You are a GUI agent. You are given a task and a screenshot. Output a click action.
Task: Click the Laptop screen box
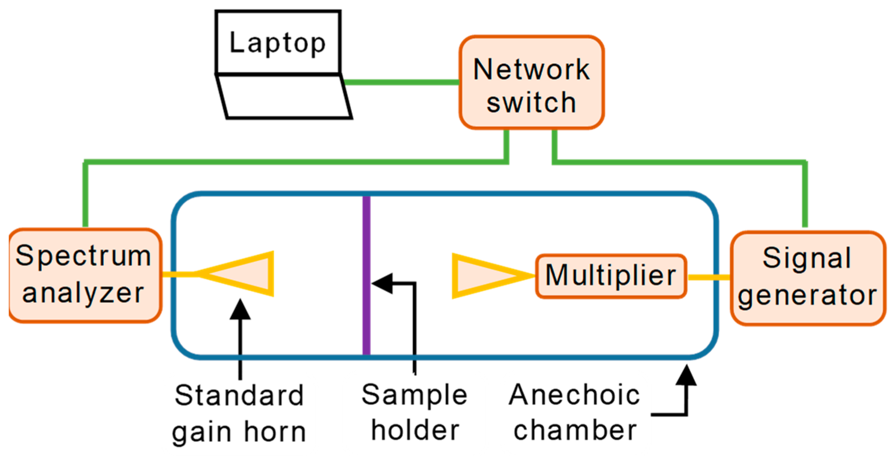point(278,42)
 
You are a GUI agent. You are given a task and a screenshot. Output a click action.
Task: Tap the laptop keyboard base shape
point(284,96)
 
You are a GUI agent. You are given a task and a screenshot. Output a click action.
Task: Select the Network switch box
point(532,82)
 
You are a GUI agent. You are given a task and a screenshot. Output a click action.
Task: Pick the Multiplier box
point(611,276)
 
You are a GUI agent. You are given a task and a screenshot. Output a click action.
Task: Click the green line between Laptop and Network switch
point(400,82)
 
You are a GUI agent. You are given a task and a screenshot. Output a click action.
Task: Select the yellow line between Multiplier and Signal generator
point(708,277)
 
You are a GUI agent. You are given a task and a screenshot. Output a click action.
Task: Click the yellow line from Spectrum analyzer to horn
point(178,274)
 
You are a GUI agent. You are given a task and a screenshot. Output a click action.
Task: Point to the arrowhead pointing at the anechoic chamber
point(686,376)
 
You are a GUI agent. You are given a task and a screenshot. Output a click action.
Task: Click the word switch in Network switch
point(532,102)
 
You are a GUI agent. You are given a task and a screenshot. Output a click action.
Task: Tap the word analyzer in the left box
point(84,293)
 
